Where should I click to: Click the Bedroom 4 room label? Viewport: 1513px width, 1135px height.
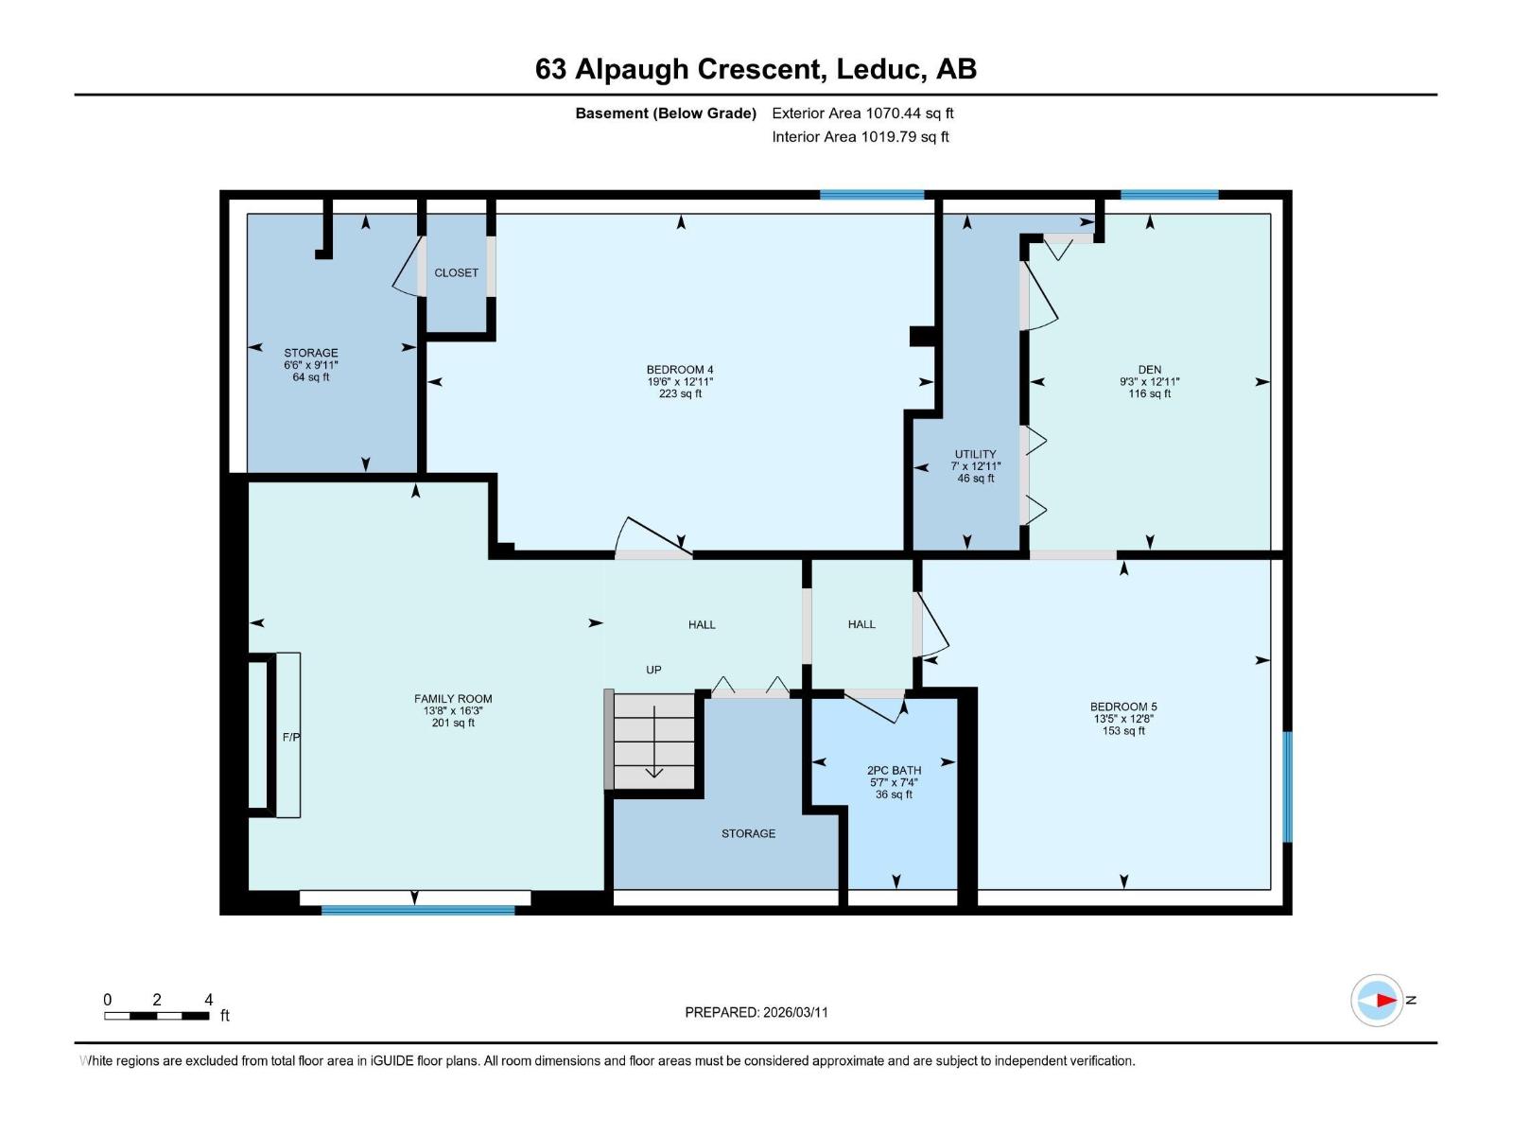pos(680,370)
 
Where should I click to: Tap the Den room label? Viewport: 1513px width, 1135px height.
pos(1149,370)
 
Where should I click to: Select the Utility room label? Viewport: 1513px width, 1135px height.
pos(975,454)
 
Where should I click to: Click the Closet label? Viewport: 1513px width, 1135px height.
pos(456,272)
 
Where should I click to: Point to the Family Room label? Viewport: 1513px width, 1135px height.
pos(453,699)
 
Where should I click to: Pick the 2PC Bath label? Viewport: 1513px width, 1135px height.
pos(894,770)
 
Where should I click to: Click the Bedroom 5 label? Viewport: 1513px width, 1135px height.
pos(1123,707)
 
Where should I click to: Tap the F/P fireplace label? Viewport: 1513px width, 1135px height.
pos(291,737)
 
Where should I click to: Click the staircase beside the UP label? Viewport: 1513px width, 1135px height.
pos(654,742)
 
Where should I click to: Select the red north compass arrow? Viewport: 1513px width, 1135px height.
pos(1385,1000)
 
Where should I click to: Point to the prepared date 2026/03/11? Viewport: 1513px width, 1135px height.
pos(756,1012)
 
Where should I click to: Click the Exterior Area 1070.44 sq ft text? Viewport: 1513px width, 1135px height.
pos(862,113)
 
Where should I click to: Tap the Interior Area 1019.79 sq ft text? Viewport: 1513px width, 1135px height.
pos(860,136)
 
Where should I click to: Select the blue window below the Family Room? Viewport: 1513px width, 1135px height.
pos(418,910)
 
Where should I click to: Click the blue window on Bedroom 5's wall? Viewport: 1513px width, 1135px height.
pos(1287,786)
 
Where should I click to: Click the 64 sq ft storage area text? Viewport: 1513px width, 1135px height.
pos(311,377)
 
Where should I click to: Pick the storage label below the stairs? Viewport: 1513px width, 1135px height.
pos(748,833)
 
